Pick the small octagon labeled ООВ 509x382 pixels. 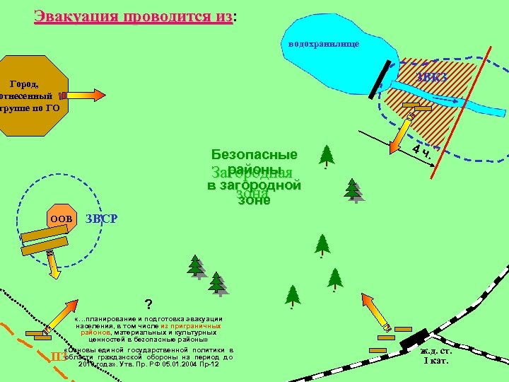[61, 219]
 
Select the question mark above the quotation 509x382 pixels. [148, 305]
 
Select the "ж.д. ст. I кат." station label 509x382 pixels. [435, 356]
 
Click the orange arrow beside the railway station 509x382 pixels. [377, 311]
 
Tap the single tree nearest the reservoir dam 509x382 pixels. [327, 156]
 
